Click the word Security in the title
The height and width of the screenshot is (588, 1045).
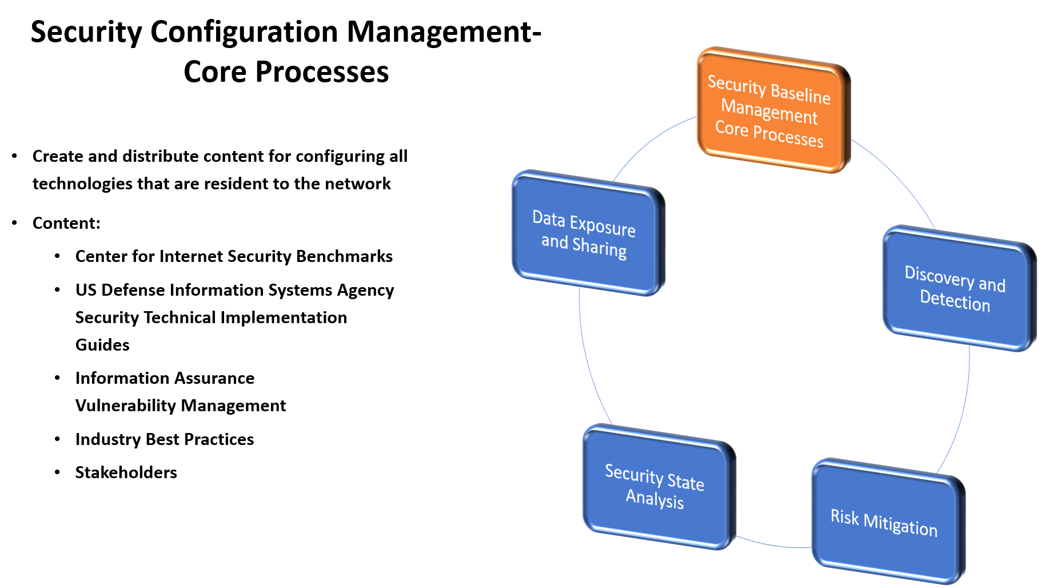click(86, 32)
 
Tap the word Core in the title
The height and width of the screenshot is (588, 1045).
click(214, 72)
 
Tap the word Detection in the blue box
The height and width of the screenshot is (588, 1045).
click(955, 301)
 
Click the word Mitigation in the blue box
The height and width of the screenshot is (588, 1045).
click(900, 525)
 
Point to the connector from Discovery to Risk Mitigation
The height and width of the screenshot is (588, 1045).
click(963, 412)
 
